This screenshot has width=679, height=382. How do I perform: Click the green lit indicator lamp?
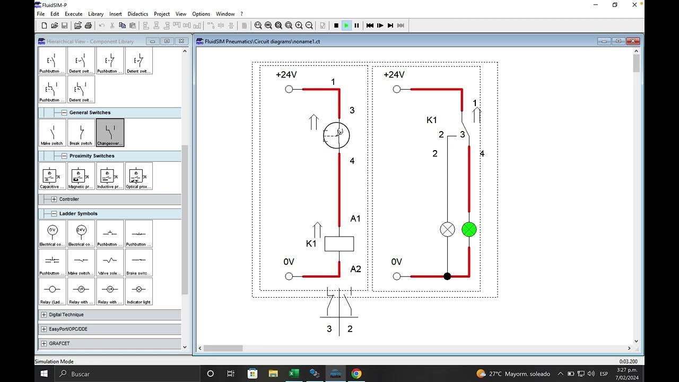point(469,230)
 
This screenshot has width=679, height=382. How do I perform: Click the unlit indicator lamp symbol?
point(448,230)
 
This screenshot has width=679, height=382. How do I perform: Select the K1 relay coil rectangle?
point(339,244)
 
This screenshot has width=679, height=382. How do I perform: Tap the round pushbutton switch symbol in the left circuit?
point(337,135)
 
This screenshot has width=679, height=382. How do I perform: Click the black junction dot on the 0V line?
point(447,276)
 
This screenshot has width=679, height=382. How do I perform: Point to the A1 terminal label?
point(355,219)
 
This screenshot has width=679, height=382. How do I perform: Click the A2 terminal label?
point(355,269)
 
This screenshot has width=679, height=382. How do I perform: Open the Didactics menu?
point(138,14)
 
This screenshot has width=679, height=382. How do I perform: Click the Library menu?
point(96,14)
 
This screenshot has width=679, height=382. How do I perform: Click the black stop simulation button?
point(336,25)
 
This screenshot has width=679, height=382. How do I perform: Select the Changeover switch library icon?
point(110,132)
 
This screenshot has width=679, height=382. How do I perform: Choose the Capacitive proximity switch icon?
point(52,176)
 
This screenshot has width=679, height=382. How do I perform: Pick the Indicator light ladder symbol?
point(139,291)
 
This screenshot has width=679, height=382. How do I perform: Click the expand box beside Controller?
point(54,199)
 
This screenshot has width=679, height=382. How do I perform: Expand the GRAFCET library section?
point(44,344)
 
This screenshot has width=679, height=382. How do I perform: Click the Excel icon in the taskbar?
point(293,374)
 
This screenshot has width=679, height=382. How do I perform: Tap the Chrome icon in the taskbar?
point(356,374)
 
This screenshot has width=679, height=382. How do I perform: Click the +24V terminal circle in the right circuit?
point(397,89)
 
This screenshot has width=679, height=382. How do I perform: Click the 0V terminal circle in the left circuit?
point(289,276)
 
